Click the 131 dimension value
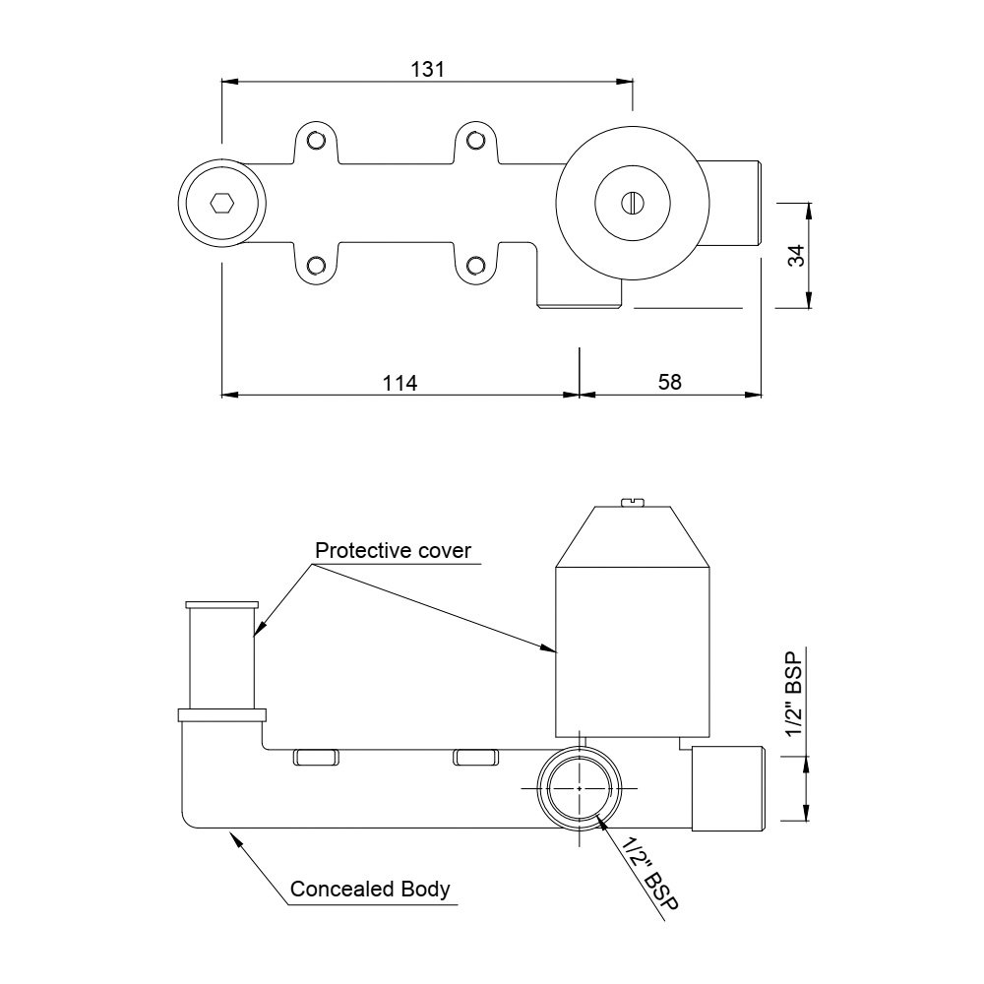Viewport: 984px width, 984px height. [428, 69]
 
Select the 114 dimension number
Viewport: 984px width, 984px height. [400, 383]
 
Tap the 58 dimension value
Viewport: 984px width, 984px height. [669, 383]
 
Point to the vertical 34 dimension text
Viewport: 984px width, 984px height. [798, 255]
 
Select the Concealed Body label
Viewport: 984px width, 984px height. [370, 890]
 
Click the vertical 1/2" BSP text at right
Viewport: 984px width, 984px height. [796, 693]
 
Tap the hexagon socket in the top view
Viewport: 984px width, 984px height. [222, 204]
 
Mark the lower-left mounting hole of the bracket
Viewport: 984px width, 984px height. [316, 265]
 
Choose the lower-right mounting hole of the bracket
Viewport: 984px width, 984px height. [475, 265]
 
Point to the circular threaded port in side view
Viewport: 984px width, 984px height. [581, 789]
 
